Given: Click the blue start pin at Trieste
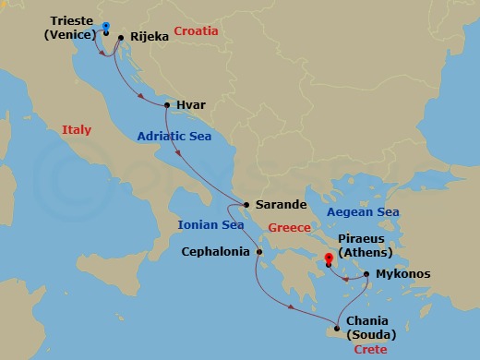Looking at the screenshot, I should tap(105, 28).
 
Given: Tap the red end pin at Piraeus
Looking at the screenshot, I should tap(328, 258).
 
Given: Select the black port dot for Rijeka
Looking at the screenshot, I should tap(121, 38).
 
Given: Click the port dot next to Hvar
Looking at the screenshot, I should tap(166, 105).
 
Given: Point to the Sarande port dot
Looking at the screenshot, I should tap(246, 206).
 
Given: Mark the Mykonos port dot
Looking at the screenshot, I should tap(366, 274).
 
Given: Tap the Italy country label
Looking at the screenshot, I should tap(77, 130).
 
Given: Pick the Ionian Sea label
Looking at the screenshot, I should tap(212, 224).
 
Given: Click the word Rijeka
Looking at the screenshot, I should tap(150, 38).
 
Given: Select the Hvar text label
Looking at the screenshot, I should tap(190, 105).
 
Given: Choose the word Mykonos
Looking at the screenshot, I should tap(403, 274).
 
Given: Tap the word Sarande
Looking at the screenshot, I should tap(280, 206).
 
